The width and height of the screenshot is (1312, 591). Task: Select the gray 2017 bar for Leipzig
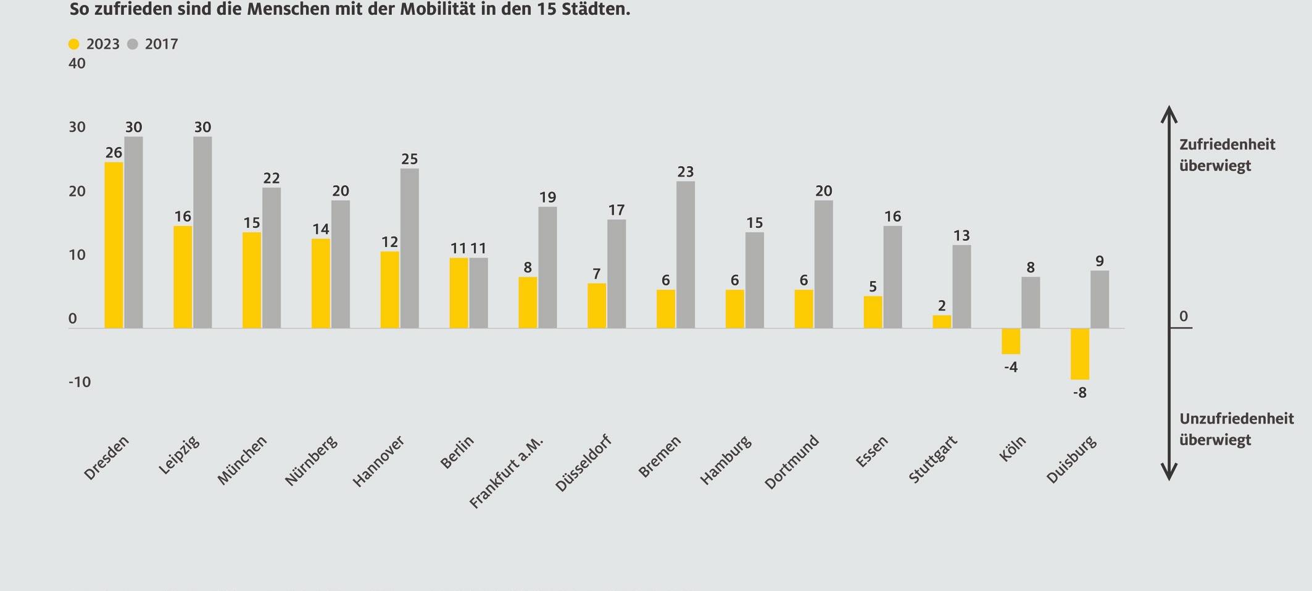tap(202, 232)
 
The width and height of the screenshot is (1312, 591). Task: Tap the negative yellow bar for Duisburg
tap(1079, 354)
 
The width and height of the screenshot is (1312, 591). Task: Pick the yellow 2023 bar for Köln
tap(1010, 341)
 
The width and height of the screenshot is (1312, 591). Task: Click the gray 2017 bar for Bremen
tap(685, 254)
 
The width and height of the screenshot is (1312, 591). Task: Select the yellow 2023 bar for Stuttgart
tap(942, 322)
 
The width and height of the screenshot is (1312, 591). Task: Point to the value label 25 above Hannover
tap(409, 159)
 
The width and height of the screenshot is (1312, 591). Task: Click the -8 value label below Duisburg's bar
tap(1079, 393)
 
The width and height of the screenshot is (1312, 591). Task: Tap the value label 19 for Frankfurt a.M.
tap(547, 198)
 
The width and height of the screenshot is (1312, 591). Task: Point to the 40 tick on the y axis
tap(77, 64)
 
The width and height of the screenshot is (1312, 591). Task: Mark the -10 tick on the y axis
tap(80, 382)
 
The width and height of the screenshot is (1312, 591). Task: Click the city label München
tap(243, 459)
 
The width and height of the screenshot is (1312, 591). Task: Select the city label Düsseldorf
tap(583, 463)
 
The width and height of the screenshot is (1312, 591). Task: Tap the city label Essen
tap(871, 451)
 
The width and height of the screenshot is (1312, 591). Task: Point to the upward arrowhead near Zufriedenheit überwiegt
tap(1169, 114)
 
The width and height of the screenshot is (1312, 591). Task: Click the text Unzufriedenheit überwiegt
tap(1236, 429)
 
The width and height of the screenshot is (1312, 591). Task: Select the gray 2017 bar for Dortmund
tap(823, 264)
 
